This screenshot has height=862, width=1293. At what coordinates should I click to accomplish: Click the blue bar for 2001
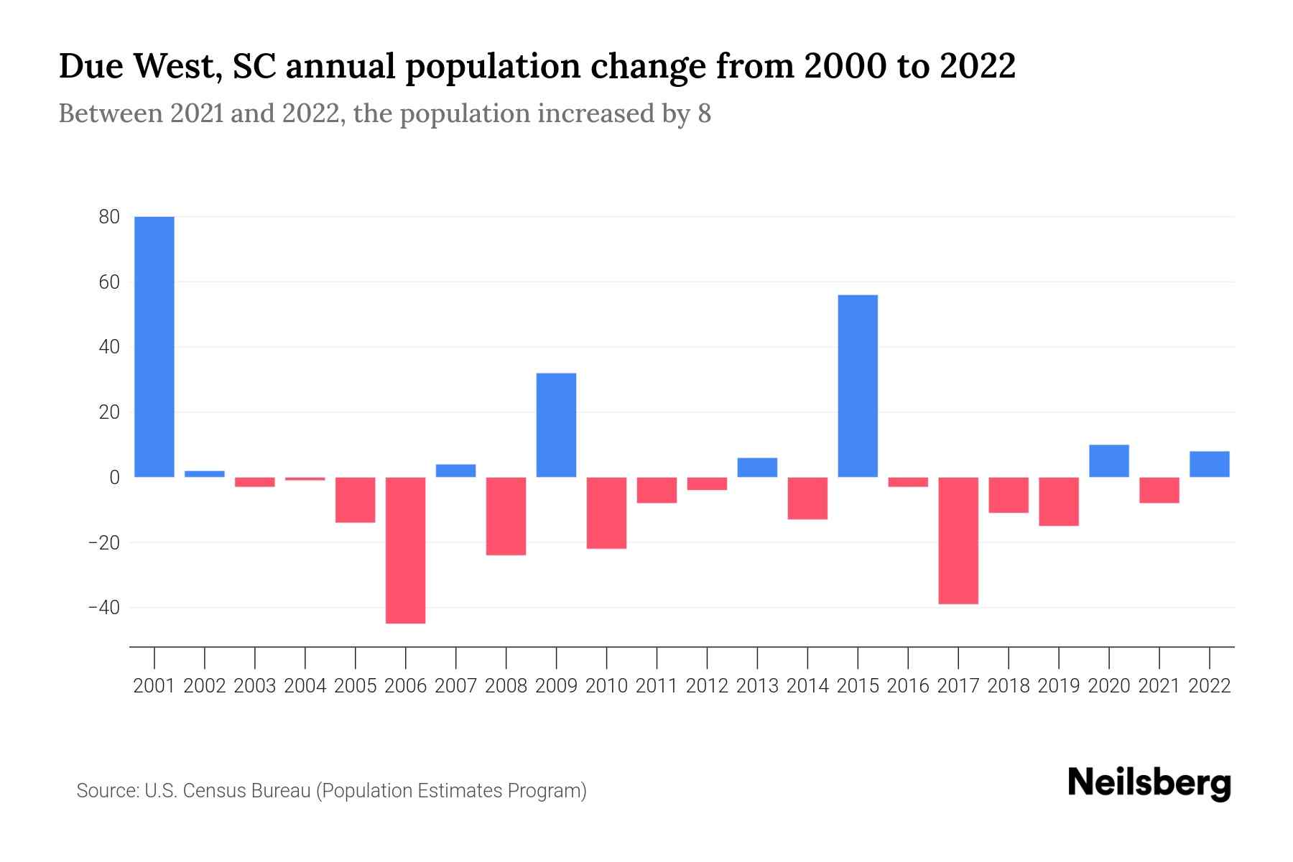[154, 346]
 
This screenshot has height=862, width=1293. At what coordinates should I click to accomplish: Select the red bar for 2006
[406, 550]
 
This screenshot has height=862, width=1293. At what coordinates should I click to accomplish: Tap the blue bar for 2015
[858, 386]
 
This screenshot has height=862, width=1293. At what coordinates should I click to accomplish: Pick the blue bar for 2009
[556, 425]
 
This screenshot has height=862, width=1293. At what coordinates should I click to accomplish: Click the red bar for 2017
[958, 540]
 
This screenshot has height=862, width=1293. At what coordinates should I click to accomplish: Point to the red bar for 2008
[506, 516]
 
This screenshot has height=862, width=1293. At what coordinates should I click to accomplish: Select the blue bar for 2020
[1109, 461]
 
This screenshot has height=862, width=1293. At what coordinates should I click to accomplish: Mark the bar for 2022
[1210, 464]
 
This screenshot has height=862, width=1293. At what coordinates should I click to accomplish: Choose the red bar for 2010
[606, 513]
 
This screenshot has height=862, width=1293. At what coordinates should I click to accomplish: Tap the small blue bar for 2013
[757, 468]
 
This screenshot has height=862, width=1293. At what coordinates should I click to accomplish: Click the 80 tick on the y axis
[109, 217]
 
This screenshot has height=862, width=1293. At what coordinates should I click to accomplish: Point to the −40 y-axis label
[103, 608]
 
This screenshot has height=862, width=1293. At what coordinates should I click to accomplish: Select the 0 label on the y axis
[114, 478]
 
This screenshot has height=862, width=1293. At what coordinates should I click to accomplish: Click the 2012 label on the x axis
[707, 686]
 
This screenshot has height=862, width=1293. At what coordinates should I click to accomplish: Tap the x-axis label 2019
[1059, 686]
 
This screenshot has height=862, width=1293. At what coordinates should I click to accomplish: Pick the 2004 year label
[305, 686]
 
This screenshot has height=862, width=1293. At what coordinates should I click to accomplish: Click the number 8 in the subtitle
[704, 113]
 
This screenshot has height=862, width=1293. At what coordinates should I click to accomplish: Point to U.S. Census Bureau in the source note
[228, 791]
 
